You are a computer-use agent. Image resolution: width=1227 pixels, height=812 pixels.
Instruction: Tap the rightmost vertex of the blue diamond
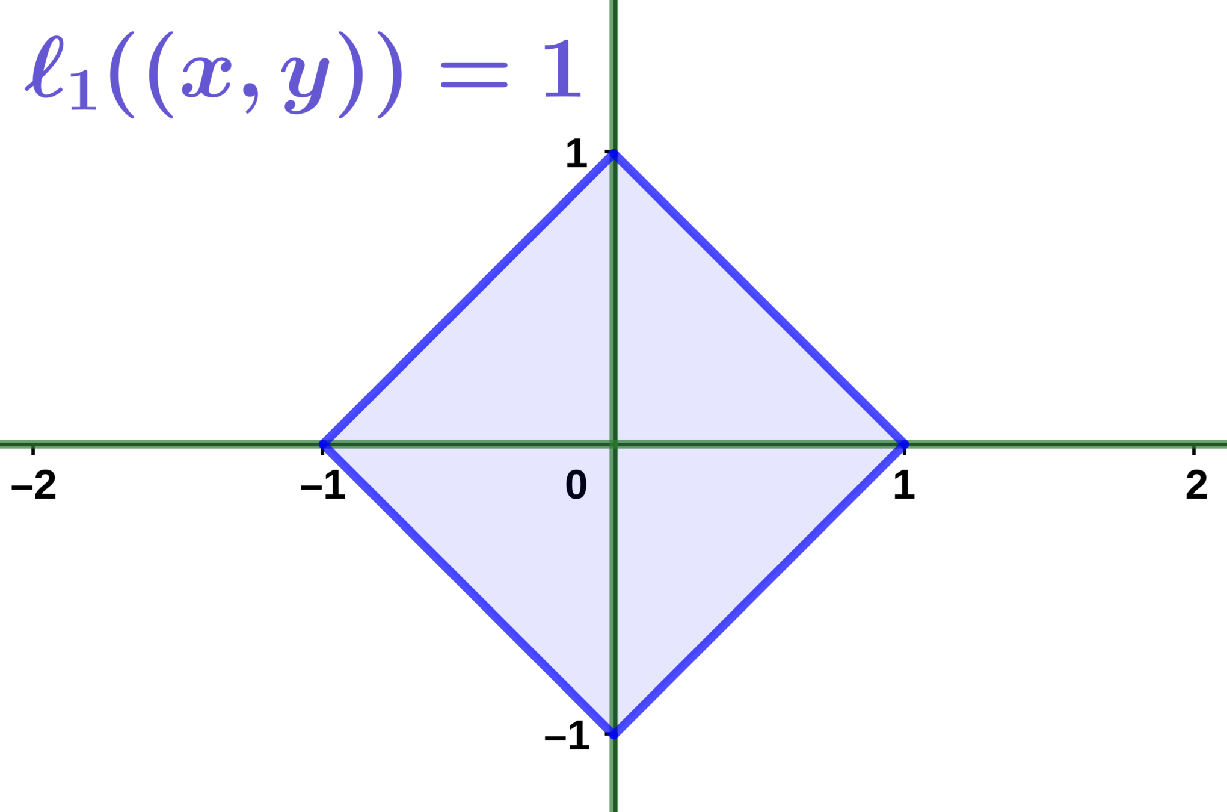tap(903, 444)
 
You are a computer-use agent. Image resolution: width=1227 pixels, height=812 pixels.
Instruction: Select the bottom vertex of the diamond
tap(613, 734)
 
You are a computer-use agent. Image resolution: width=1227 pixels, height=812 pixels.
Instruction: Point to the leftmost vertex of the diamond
tap(324, 444)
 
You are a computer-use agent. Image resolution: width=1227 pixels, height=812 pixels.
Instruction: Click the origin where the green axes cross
tap(613, 444)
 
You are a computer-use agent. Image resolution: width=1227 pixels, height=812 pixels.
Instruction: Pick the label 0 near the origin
tap(576, 485)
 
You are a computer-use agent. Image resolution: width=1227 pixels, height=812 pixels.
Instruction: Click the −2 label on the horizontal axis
tap(34, 485)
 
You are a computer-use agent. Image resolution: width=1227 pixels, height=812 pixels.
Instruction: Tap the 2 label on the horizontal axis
tap(1196, 485)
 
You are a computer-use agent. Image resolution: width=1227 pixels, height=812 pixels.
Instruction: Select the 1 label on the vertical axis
tap(576, 153)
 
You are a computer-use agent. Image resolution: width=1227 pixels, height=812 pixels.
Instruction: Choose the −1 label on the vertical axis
tap(567, 734)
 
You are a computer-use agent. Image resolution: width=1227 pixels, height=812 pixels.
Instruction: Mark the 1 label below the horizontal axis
tap(903, 485)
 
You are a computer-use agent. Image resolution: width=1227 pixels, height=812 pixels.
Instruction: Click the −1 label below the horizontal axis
tap(324, 485)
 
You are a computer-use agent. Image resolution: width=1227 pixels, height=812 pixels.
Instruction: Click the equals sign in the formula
tap(474, 77)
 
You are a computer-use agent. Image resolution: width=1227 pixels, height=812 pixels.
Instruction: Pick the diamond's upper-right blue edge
tap(758, 300)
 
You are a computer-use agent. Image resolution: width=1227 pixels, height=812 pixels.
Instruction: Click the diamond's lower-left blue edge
tap(469, 589)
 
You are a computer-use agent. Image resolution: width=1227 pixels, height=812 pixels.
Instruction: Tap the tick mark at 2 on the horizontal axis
tap(1195, 450)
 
